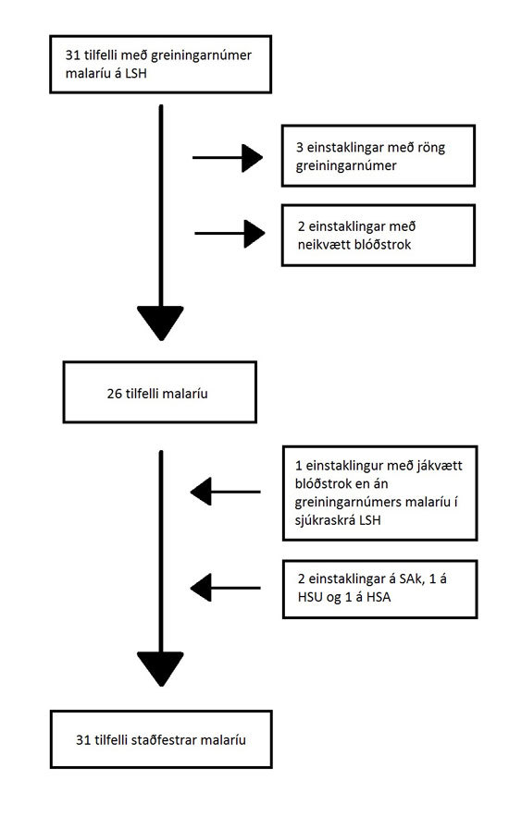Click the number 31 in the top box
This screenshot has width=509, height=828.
click(72, 55)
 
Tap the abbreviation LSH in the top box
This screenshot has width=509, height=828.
click(135, 73)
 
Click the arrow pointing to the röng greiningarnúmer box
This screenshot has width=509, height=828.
click(228, 157)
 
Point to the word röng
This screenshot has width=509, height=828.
click(431, 147)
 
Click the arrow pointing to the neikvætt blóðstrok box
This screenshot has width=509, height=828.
click(230, 234)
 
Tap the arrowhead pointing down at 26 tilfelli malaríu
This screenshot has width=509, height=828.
click(160, 323)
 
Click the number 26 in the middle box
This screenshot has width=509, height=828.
click(114, 394)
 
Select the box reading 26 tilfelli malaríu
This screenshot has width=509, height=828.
click(160, 393)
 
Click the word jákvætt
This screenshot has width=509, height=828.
click(432, 467)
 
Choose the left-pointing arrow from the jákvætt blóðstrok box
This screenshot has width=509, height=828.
click(226, 492)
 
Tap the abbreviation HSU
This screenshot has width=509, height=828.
click(309, 597)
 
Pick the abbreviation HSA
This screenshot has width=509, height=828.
click(379, 597)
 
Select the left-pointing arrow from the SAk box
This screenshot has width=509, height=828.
click(226, 587)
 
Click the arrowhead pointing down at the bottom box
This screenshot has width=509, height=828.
click(160, 669)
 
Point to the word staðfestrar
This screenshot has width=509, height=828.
click(164, 740)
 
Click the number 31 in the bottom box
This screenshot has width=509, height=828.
click(83, 740)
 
